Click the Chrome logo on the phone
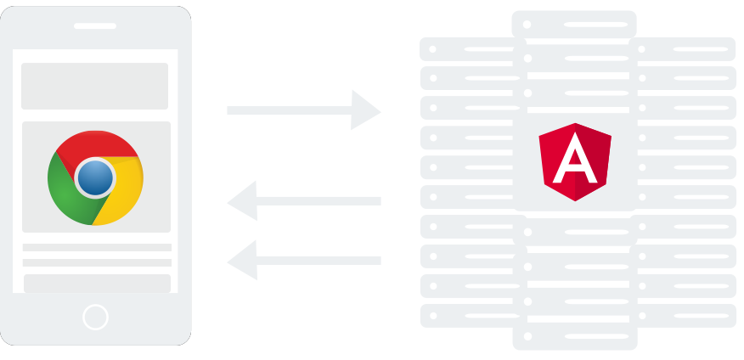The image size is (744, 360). point(95,177)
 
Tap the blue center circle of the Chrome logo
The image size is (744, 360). point(95,178)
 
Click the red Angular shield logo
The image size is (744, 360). point(575,161)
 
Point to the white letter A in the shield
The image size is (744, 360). point(575,163)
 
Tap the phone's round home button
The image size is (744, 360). point(95,318)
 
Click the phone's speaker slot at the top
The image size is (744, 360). point(95,25)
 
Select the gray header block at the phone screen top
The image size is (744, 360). point(95,86)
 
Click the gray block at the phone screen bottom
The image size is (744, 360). point(96,284)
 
